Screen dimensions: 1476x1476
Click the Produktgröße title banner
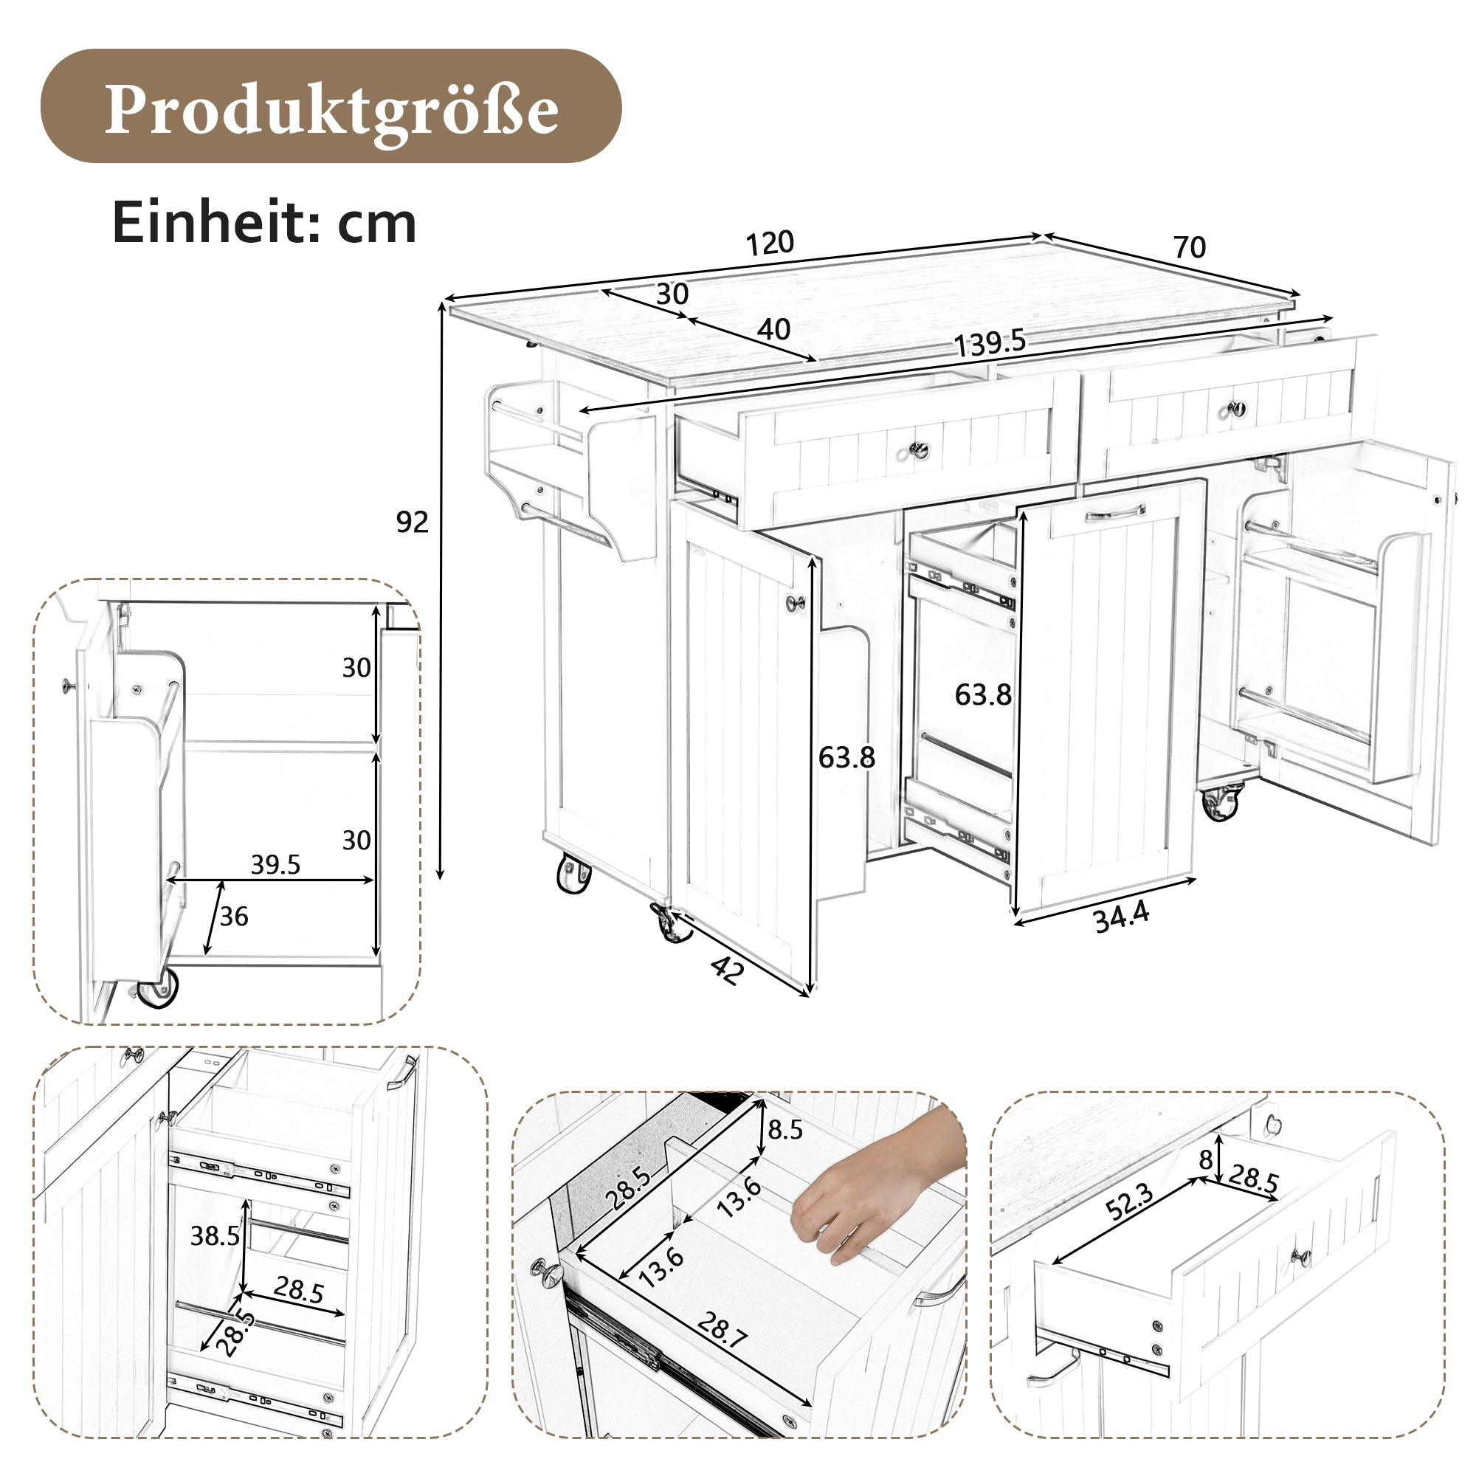coord(330,106)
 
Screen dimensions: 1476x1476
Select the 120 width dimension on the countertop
coord(769,244)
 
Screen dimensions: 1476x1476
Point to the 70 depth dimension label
coord(1189,247)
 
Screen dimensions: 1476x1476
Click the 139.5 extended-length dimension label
coord(990,343)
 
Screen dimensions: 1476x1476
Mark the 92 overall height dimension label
coord(412,522)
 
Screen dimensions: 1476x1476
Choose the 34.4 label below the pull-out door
coord(1121,917)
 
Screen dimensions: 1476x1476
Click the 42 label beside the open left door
coord(726,970)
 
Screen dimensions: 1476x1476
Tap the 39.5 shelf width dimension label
coord(275,865)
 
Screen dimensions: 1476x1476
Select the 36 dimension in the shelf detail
coord(234,916)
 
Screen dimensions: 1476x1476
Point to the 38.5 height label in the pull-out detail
coord(215,1235)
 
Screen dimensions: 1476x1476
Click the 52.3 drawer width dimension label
coord(1129,1201)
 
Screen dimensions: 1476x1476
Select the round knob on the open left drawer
coord(919,450)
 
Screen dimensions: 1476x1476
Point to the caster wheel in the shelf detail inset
coord(159,989)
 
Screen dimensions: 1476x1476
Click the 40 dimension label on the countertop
coord(773,329)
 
